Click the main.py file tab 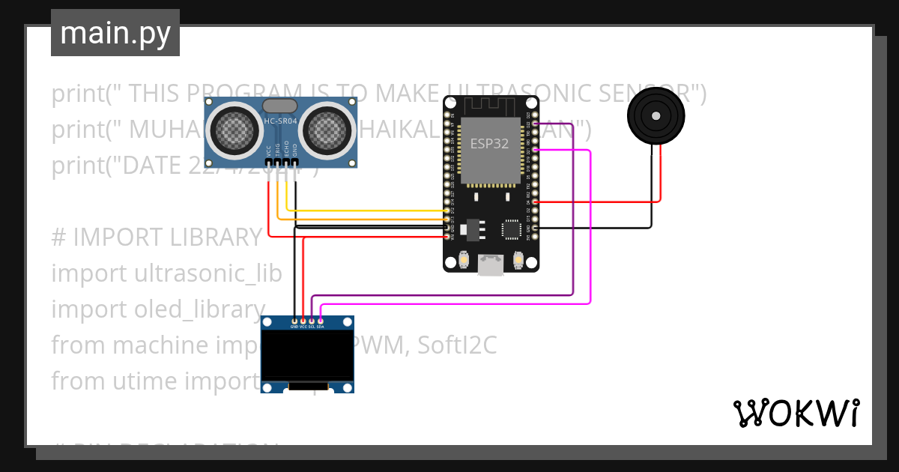point(115,33)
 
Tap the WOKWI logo point(796,413)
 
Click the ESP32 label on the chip point(489,144)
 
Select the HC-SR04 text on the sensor point(279,121)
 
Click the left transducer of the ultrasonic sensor point(237,130)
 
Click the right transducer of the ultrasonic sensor point(327,130)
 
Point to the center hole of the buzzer point(656,116)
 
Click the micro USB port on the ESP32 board point(491,264)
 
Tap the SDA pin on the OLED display point(321,321)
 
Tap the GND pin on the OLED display point(294,321)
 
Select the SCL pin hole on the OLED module point(312,321)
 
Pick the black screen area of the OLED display point(307,356)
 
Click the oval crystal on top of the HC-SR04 point(279,107)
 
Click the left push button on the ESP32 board point(464,259)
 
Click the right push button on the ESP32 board point(518,259)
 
